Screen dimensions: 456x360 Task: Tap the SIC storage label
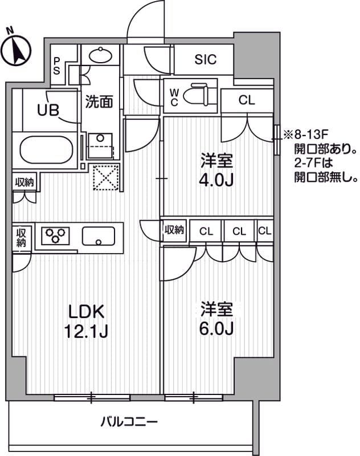[x=205, y=60]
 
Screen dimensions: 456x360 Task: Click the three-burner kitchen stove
[x=55, y=235]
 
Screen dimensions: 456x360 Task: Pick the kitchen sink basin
[x=99, y=235]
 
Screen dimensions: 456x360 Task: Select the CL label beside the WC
[x=247, y=100]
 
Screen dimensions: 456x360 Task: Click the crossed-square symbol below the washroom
[x=105, y=177]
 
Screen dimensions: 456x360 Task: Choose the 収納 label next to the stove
[x=21, y=237]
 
